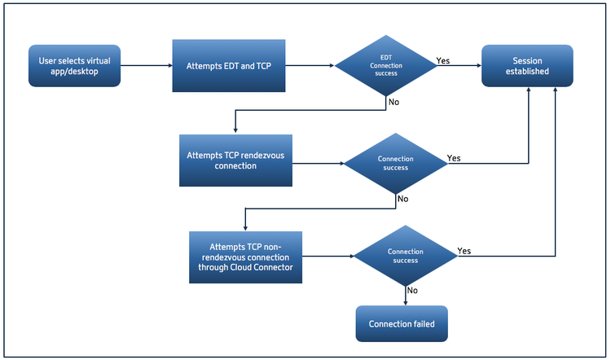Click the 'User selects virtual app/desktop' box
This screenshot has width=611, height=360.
tap(74, 65)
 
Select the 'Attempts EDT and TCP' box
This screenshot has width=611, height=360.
tap(229, 65)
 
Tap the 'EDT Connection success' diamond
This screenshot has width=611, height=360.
tap(386, 65)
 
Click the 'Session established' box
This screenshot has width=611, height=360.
tap(527, 65)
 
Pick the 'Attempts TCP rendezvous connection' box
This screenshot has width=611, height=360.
tap(235, 160)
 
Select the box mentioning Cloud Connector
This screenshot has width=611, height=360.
tap(245, 257)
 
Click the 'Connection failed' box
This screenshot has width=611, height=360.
tap(402, 324)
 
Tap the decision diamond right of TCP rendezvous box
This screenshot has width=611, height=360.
tap(395, 163)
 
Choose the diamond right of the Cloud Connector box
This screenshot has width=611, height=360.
tap(405, 256)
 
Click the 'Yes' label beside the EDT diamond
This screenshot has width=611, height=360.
tap(443, 61)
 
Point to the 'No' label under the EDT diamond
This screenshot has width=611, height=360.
tap(394, 102)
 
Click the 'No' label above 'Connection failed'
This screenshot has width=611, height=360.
tap(412, 290)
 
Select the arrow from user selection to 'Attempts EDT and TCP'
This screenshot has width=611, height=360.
tap(147, 65)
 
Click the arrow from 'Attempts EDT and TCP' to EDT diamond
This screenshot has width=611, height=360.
tap(310, 65)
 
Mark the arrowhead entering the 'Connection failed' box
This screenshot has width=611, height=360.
tap(405, 303)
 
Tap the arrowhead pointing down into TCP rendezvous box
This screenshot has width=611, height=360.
tap(235, 130)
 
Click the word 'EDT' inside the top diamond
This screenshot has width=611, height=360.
tap(386, 57)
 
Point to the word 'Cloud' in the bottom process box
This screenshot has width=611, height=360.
tap(242, 267)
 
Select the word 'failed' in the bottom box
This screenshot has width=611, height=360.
tap(424, 324)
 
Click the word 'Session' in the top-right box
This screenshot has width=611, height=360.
tap(527, 61)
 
